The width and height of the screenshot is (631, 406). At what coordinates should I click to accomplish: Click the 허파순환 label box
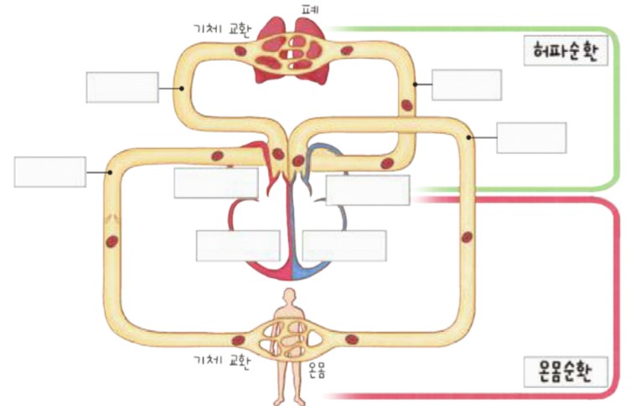[x=566, y=50]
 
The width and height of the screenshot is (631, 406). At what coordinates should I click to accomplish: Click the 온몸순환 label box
[x=566, y=372]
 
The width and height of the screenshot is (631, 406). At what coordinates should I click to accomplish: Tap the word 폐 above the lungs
[x=310, y=9]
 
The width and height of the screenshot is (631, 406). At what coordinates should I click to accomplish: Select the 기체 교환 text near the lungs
[x=222, y=29]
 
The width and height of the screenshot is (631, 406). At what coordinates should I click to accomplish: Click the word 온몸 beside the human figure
[x=316, y=370]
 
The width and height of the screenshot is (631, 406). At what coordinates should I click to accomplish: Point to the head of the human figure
[x=289, y=295]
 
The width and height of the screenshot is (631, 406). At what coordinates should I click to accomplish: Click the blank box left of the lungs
[x=122, y=87]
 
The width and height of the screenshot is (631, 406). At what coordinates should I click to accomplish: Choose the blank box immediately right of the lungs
[x=467, y=85]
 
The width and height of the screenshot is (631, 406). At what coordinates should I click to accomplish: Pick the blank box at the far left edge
[x=50, y=172]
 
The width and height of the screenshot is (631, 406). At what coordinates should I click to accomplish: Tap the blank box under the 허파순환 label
[x=531, y=138]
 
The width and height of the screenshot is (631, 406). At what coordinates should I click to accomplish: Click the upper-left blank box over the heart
[x=216, y=183]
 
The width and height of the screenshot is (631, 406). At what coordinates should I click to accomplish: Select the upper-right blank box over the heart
[x=368, y=190]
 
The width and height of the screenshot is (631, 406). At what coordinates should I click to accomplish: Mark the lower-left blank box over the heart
[x=238, y=246]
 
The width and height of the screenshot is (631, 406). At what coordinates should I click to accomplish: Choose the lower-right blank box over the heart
[x=344, y=246]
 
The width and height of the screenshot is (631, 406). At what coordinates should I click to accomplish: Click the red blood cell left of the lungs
[x=241, y=51]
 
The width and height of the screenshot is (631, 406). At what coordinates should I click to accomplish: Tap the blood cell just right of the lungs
[x=347, y=50]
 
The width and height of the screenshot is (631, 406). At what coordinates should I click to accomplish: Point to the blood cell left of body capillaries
[x=238, y=341]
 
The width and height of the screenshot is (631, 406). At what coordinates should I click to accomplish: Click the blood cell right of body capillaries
[x=352, y=339]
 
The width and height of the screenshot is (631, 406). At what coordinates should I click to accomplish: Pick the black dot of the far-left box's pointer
[x=110, y=173]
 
